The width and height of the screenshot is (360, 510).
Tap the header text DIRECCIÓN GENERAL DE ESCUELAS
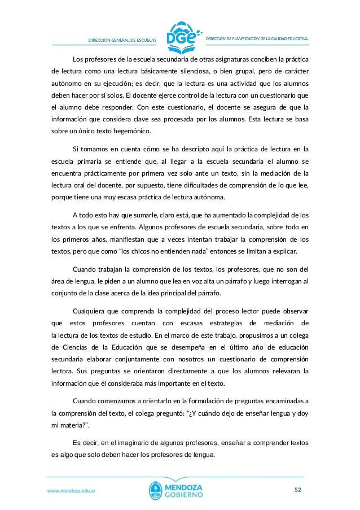118,39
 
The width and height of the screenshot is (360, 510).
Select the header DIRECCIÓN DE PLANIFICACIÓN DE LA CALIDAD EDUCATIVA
256,38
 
